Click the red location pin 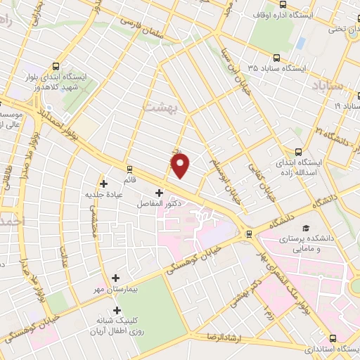181,166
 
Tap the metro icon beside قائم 129,169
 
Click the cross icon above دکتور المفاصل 159,193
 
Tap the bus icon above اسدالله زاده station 300,151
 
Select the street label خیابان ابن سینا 230,63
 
